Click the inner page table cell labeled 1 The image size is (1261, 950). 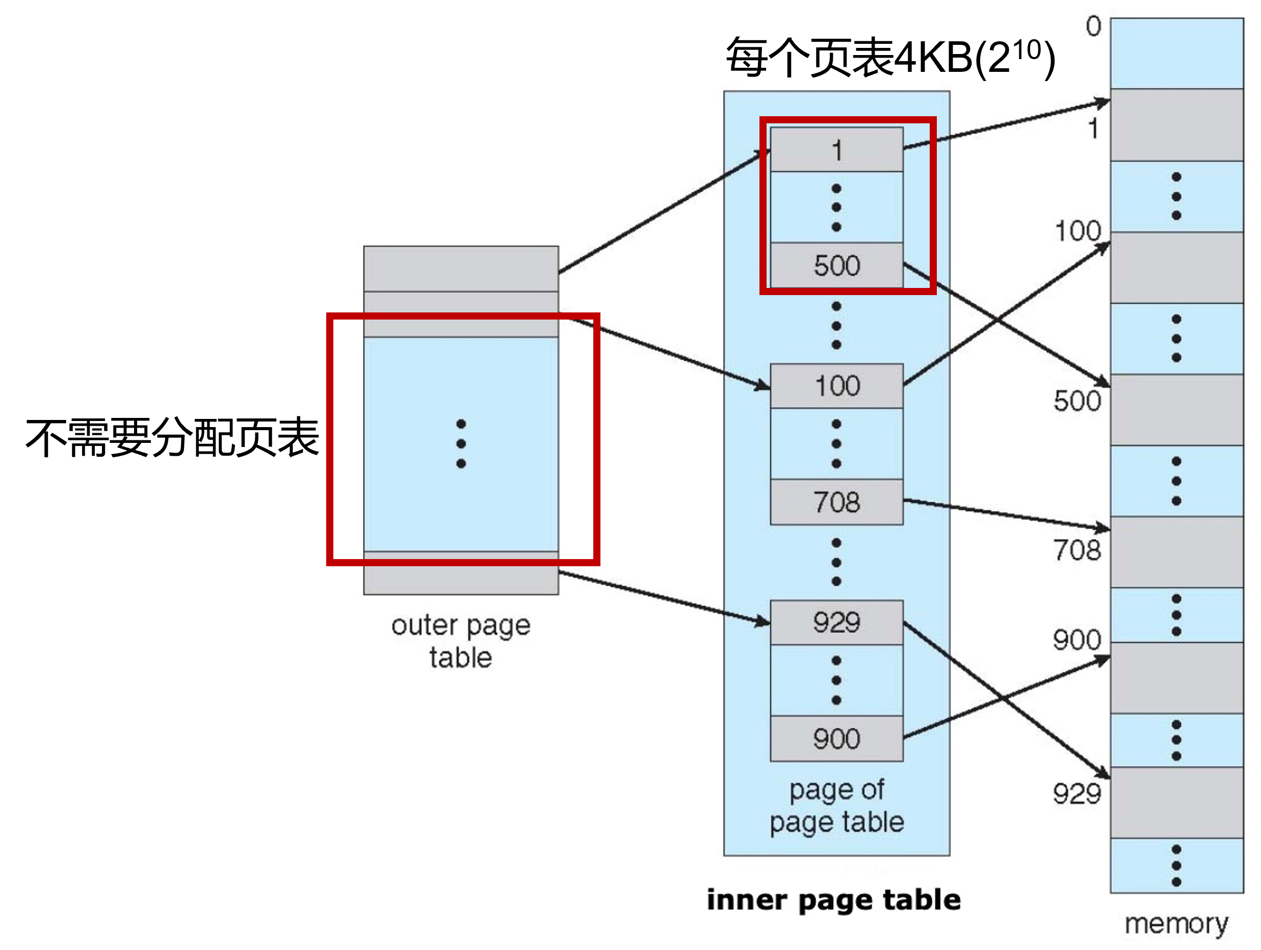[x=836, y=150]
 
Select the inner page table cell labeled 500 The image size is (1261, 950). [x=836, y=266]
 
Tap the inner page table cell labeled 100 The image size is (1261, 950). [x=836, y=386]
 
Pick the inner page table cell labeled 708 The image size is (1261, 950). [x=836, y=502]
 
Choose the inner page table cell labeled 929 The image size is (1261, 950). [x=836, y=622]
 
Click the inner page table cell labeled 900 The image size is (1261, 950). [x=836, y=738]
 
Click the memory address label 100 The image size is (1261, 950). [x=1078, y=231]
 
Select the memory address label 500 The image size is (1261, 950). [x=1077, y=401]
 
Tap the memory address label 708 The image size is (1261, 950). [x=1077, y=550]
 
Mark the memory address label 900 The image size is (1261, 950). [x=1077, y=640]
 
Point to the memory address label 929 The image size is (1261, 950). [x=1077, y=794]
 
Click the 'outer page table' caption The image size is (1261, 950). [x=461, y=641]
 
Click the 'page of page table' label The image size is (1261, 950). [x=836, y=806]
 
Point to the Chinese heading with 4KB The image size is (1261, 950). [x=890, y=57]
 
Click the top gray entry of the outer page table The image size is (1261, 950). [x=461, y=269]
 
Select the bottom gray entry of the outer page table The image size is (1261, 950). [x=461, y=573]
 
